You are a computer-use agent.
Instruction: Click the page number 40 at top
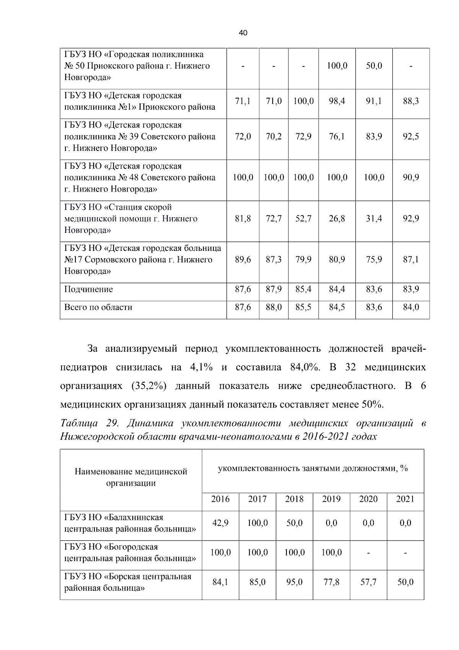[x=243, y=33]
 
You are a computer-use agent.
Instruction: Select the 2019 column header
[x=331, y=499]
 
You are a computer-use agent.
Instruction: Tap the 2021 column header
[x=405, y=499]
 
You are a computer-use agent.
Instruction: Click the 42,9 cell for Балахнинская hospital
[x=220, y=523]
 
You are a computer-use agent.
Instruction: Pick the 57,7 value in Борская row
[x=368, y=582]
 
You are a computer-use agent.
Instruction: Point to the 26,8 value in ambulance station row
[x=337, y=219]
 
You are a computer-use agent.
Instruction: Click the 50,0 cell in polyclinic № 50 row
[x=374, y=66]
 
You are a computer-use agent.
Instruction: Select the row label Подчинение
[x=88, y=290]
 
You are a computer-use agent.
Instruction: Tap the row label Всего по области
[x=98, y=308]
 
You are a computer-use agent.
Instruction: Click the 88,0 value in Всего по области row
[x=273, y=308]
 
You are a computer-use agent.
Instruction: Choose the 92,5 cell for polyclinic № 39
[x=411, y=137]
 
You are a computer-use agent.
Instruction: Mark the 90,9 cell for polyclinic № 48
[x=411, y=178]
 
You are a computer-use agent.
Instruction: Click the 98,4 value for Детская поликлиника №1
[x=337, y=101]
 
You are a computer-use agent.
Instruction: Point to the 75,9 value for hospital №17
[x=374, y=260]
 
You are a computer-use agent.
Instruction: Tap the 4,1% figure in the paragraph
[x=201, y=367]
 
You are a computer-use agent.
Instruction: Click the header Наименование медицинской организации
[x=131, y=477]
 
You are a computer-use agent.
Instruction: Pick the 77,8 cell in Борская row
[x=331, y=582]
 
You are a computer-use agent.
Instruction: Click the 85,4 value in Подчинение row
[x=303, y=290]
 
